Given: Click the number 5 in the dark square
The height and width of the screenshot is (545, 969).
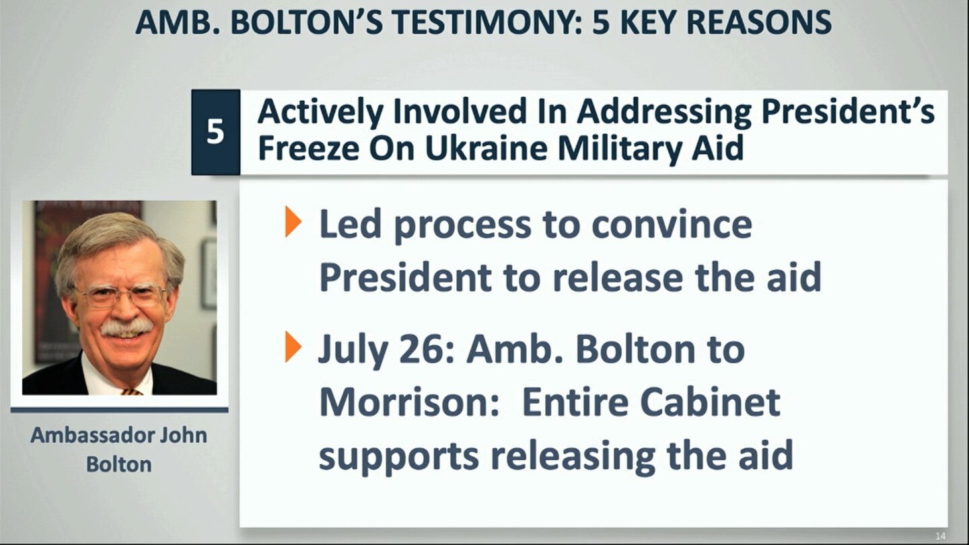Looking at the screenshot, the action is pyautogui.click(x=215, y=131).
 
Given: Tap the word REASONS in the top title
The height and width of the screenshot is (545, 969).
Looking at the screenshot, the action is pyautogui.click(x=758, y=22).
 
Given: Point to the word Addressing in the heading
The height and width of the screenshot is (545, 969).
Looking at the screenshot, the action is pyautogui.click(x=664, y=112).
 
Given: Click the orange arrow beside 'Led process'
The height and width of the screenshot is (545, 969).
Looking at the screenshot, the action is pyautogui.click(x=293, y=222).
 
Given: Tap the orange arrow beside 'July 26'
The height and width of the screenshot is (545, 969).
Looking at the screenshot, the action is pyautogui.click(x=293, y=347).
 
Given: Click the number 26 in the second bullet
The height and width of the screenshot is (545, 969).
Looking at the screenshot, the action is pyautogui.click(x=426, y=350).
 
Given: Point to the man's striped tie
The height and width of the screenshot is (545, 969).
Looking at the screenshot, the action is pyautogui.click(x=131, y=392).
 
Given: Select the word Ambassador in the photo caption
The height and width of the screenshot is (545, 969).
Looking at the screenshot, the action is pyautogui.click(x=91, y=435).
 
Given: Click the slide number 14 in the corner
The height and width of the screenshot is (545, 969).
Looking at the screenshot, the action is pyautogui.click(x=940, y=536).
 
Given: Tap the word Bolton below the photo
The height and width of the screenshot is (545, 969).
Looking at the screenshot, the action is pyautogui.click(x=119, y=464).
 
